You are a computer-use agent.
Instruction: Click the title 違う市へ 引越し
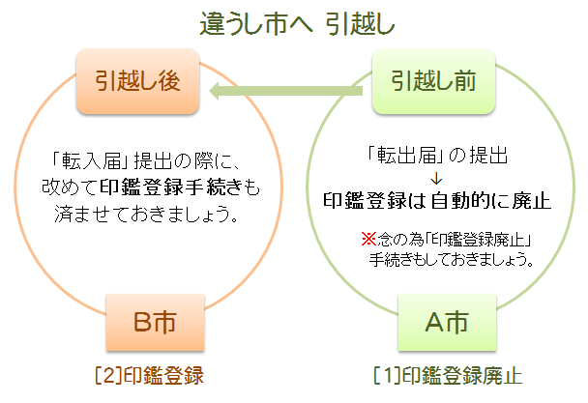click(297, 23)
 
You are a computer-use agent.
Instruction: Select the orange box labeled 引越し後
click(137, 81)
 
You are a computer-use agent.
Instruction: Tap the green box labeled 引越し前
click(434, 81)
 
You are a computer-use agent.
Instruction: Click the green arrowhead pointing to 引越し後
click(217, 91)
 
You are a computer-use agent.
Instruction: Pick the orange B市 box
click(156, 323)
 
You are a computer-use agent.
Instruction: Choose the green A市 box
click(447, 323)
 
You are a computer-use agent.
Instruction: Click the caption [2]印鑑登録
click(150, 375)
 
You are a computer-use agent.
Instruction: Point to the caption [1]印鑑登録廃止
click(448, 375)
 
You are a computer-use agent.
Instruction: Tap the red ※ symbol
click(368, 239)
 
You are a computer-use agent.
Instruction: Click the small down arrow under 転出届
click(436, 179)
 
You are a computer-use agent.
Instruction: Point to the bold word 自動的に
click(470, 201)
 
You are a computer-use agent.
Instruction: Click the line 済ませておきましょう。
click(147, 214)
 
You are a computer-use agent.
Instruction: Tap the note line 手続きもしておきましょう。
click(452, 259)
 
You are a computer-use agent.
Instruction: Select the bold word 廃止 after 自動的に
click(531, 201)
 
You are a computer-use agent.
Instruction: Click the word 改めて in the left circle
click(70, 187)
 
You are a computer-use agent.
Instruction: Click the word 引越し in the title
click(360, 23)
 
